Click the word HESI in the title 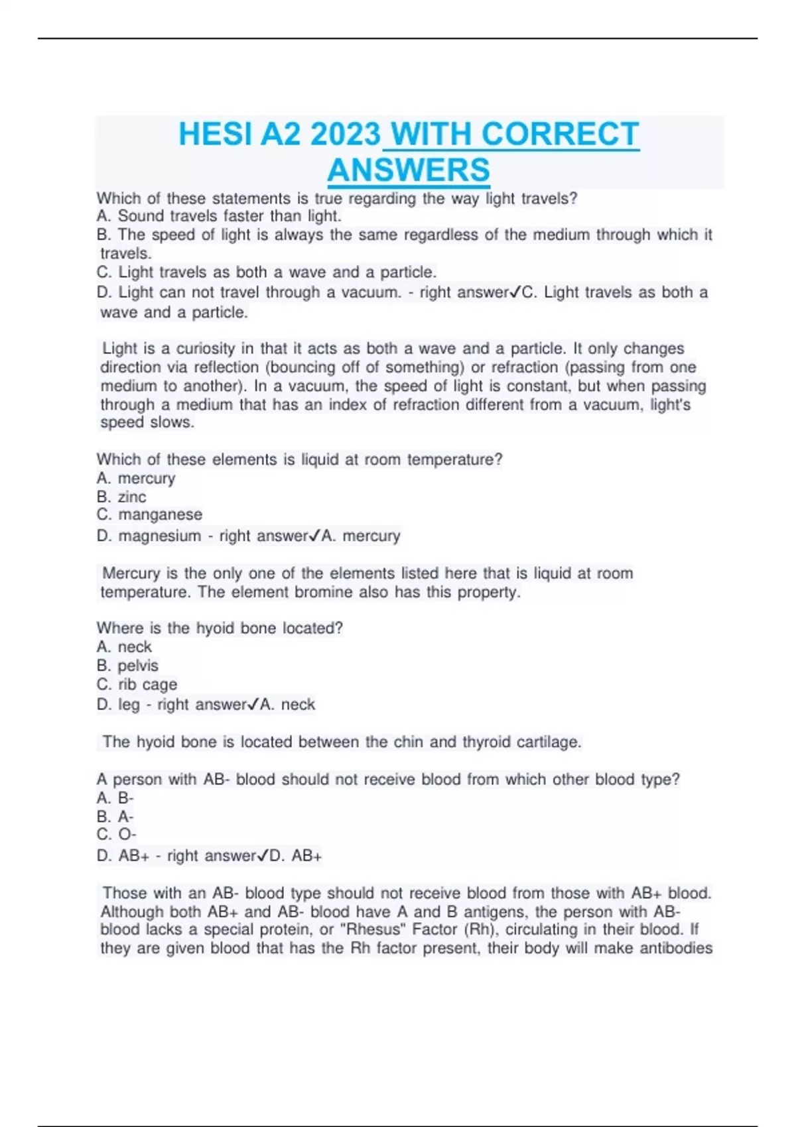[x=216, y=135]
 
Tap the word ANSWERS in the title [x=409, y=170]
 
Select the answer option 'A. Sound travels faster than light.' [x=219, y=216]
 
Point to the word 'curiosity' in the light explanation [x=206, y=349]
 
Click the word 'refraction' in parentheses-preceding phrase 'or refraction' [x=525, y=367]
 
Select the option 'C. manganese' [x=149, y=514]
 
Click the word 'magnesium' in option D [x=159, y=536]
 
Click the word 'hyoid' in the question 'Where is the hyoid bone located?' [x=215, y=628]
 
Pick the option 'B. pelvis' [x=127, y=666]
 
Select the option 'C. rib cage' [x=137, y=684]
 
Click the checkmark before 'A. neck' [x=253, y=704]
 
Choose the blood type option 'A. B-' [x=115, y=798]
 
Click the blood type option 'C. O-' [x=117, y=835]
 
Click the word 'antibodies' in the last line [x=675, y=948]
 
